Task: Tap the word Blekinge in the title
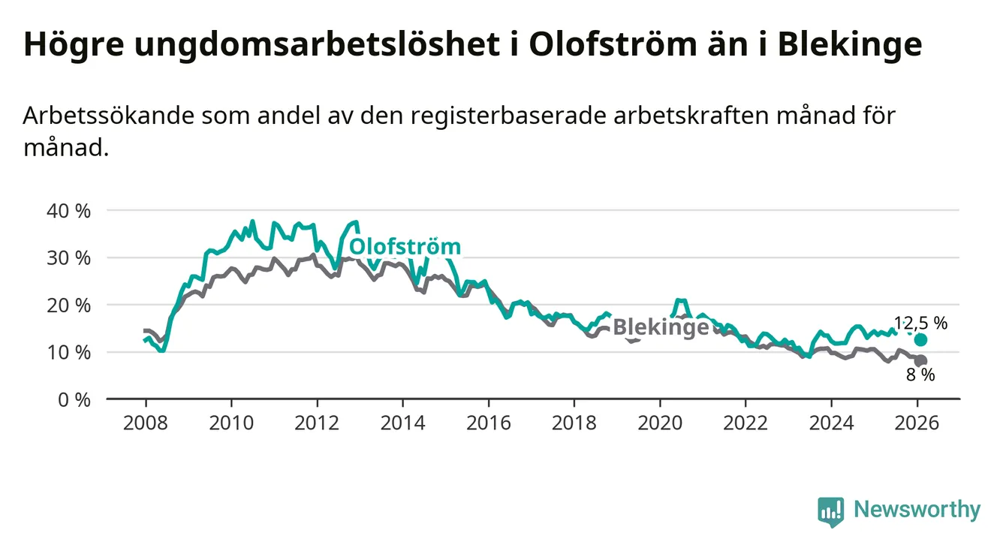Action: (849, 45)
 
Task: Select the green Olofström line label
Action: (405, 247)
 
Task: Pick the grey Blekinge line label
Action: (661, 327)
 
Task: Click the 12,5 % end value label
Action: (920, 324)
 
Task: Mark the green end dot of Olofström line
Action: (921, 340)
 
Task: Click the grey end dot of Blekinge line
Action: (921, 360)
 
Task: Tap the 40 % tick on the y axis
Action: (68, 211)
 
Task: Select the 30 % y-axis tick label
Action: (68, 258)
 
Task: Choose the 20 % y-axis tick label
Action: (68, 306)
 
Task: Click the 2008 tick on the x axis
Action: (146, 423)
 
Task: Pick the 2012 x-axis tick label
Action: (317, 423)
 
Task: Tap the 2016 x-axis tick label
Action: (488, 423)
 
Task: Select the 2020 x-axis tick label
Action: (659, 423)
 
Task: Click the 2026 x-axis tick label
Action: (917, 423)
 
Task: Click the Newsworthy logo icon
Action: (830, 511)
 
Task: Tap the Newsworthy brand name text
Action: (917, 510)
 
